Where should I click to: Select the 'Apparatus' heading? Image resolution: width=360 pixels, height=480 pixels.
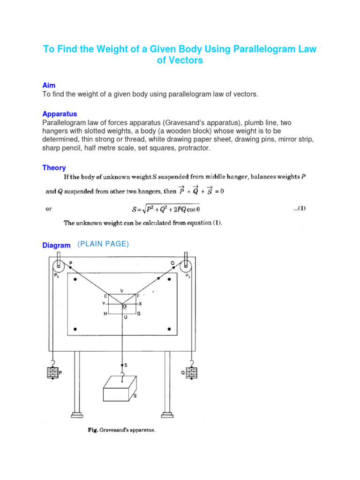[x=60, y=114]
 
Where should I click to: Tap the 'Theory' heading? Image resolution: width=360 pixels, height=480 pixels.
[x=54, y=168]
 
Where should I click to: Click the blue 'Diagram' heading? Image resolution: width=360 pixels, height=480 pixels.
[x=56, y=245]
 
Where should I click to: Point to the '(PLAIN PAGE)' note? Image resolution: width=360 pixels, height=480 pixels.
[x=103, y=244]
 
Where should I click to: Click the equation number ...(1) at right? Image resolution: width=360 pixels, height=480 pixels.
[x=299, y=209]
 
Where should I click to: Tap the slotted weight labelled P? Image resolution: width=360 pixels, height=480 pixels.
[x=52, y=373]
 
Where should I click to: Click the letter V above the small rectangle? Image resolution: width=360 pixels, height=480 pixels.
[x=122, y=291]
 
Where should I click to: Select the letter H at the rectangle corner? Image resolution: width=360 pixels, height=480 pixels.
[x=105, y=314]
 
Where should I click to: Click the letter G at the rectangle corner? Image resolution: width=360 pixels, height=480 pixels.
[x=139, y=314]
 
